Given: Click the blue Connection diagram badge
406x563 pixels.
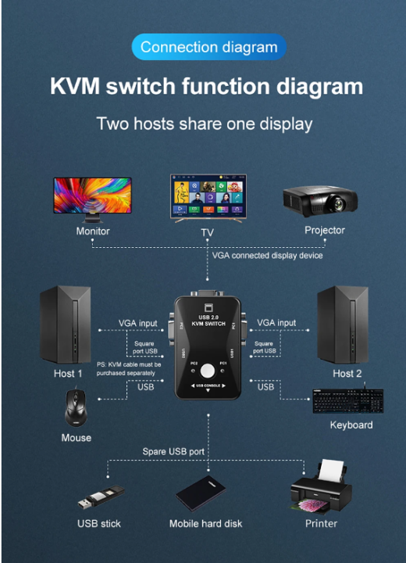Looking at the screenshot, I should pyautogui.click(x=208, y=47).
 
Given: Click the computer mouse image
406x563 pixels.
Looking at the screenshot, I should pyautogui.click(x=77, y=409).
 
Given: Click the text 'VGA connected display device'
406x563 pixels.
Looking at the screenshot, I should pyautogui.click(x=267, y=256).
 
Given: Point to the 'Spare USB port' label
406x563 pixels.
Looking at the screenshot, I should pyautogui.click(x=174, y=451).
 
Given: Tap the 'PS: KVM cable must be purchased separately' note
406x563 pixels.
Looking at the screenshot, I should pyautogui.click(x=129, y=368).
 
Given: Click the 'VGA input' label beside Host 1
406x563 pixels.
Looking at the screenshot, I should pyautogui.click(x=137, y=322).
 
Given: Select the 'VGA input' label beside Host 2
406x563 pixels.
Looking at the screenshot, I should pyautogui.click(x=276, y=322).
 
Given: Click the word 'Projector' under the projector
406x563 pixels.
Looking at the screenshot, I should pyautogui.click(x=324, y=230).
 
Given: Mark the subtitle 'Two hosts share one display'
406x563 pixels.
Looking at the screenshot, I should pyautogui.click(x=204, y=124).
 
